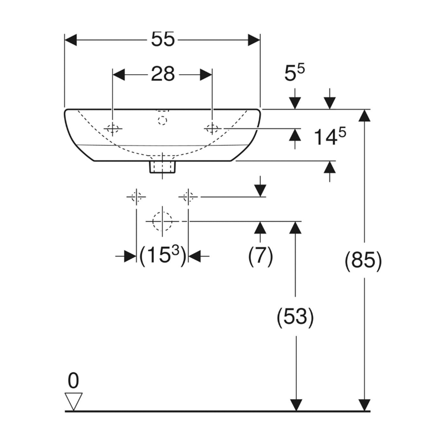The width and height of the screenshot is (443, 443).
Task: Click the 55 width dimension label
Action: coord(162,39)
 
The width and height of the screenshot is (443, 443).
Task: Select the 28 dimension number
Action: coord(163,74)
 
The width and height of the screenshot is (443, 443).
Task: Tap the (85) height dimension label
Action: coord(363,260)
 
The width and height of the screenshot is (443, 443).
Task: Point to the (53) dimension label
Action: coord(296,317)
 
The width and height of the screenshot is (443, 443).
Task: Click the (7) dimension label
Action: coord(260,255)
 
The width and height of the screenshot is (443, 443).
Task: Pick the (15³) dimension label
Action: coord(162,256)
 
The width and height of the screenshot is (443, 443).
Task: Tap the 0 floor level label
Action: coord(74,380)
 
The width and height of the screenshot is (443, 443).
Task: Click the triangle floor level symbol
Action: coord(74,399)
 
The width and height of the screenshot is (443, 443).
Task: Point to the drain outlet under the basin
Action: coord(163,166)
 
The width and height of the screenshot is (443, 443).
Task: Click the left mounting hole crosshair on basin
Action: coord(113,129)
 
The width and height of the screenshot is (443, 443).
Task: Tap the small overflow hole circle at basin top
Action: coord(162,119)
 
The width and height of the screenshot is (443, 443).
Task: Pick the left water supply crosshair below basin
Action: coord(136,196)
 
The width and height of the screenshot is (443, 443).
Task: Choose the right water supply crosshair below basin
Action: coord(188,196)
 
